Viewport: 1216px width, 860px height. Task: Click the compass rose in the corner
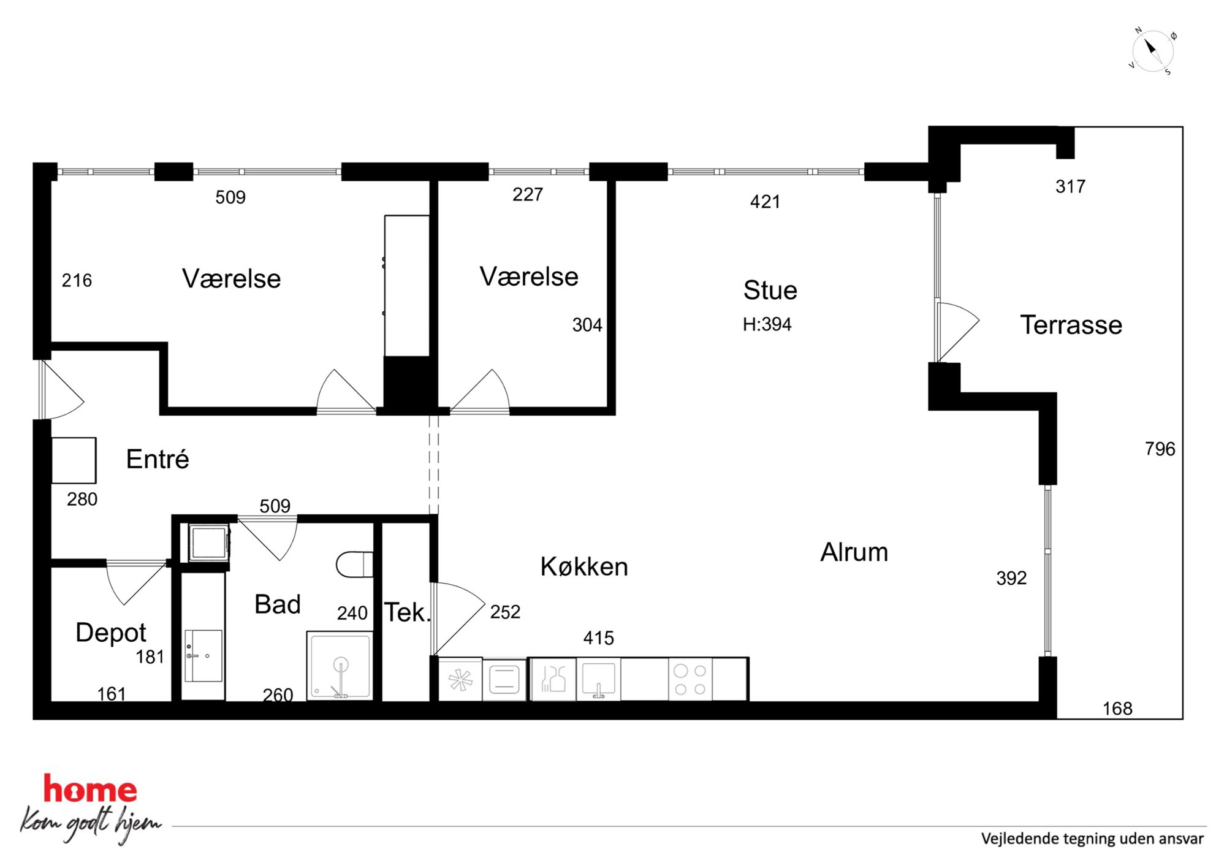tap(1152, 51)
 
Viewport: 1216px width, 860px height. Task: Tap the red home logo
tap(90, 790)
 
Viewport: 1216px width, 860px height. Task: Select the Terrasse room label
tap(1071, 325)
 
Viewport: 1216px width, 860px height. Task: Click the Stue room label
tap(770, 290)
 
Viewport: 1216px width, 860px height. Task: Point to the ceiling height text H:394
tap(767, 324)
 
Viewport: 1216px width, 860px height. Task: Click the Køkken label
tap(584, 566)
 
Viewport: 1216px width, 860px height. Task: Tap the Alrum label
tap(854, 552)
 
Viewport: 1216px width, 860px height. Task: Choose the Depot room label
tap(110, 633)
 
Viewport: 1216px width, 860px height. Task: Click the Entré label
tap(158, 459)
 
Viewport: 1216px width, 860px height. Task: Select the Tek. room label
tap(407, 612)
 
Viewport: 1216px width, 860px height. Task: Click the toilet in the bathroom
tap(355, 565)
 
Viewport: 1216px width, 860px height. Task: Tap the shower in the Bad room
tap(340, 666)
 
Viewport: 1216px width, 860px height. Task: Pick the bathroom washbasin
tap(203, 655)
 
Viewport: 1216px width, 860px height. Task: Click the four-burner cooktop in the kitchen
tap(690, 679)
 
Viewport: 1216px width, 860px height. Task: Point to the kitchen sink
tap(598, 679)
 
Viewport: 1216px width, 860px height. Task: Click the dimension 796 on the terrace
tap(1160, 449)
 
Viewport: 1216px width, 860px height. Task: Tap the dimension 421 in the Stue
tap(765, 202)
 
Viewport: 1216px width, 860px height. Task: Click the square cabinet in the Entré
tap(74, 460)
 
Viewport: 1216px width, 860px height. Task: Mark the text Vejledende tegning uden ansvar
tap(1092, 839)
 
